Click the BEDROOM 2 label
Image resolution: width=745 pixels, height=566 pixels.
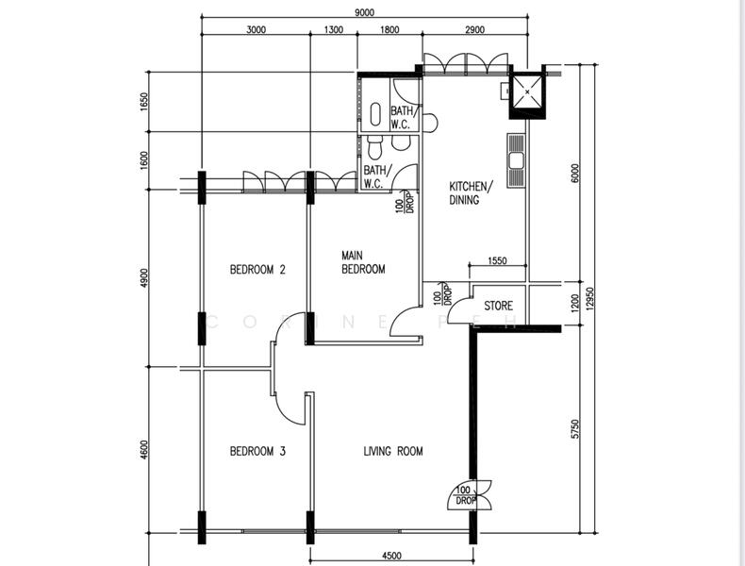tap(257, 270)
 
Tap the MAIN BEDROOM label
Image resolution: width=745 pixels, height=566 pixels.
tap(363, 263)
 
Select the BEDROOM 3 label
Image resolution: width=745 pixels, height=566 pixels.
tap(257, 451)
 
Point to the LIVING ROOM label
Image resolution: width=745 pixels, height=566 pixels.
tap(393, 451)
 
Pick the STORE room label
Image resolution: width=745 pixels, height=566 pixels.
tap(499, 306)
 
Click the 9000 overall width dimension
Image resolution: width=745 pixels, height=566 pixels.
tap(364, 13)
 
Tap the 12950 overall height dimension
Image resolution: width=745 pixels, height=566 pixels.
tap(590, 298)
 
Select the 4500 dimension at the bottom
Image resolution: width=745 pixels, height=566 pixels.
tap(391, 555)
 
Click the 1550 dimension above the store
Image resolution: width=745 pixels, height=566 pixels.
tap(498, 260)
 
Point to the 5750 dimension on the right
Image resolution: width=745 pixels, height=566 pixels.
tap(575, 428)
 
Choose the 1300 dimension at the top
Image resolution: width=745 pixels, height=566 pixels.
tap(334, 30)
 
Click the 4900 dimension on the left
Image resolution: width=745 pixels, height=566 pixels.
tap(144, 278)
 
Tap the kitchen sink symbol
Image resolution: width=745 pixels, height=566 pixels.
tap(516, 160)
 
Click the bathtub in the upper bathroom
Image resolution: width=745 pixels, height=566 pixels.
tap(375, 114)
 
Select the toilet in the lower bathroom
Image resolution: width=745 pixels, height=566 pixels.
tap(374, 148)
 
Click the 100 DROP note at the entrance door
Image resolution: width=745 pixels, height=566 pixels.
tap(464, 495)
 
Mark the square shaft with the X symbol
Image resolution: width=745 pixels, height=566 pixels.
tap(527, 92)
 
